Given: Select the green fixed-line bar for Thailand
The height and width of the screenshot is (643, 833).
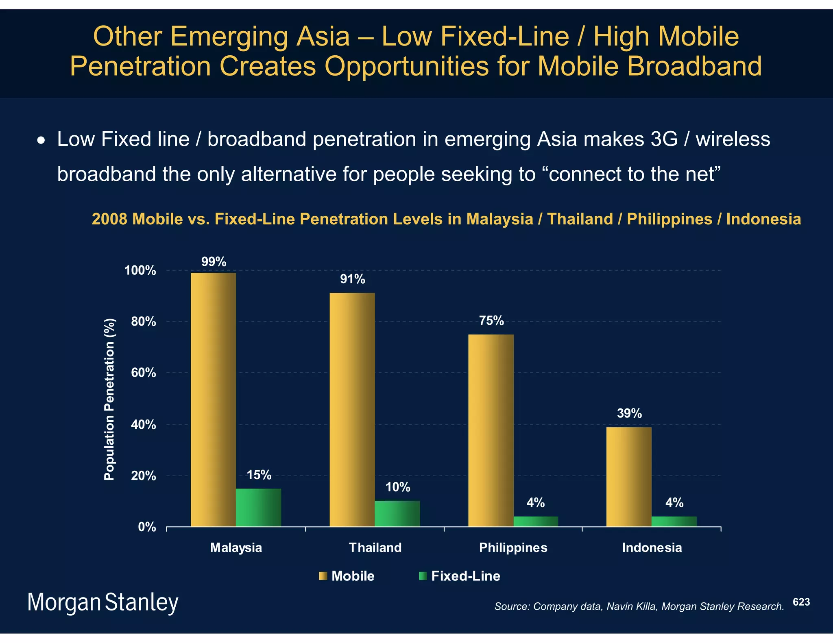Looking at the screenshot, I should click(397, 513).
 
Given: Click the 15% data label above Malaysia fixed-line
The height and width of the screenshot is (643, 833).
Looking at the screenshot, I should click(259, 475).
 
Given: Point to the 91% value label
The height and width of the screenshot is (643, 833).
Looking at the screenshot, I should click(352, 279).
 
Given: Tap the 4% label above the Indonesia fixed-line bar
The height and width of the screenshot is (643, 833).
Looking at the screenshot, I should click(674, 503).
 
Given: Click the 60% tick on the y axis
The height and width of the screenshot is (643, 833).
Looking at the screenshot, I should click(144, 373).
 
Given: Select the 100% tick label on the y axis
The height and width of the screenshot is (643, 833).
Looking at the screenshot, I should click(140, 270).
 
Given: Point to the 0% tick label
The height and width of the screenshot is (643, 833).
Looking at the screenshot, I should click(147, 527).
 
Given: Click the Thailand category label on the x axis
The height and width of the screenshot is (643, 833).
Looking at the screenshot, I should click(375, 547).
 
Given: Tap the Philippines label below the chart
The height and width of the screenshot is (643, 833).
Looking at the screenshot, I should click(513, 547).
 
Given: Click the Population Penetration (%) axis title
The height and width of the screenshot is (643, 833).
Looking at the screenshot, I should click(109, 399).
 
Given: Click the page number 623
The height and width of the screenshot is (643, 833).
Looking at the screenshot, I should click(801, 602).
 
